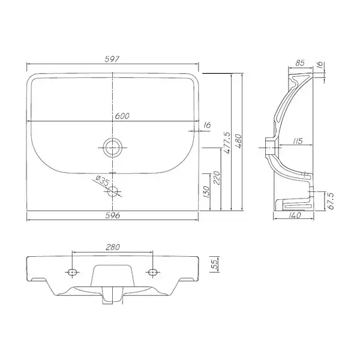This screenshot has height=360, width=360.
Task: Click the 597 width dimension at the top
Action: click(x=112, y=59)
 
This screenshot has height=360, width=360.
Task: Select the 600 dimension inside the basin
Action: click(x=122, y=116)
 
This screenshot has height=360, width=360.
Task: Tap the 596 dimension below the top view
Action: click(x=113, y=215)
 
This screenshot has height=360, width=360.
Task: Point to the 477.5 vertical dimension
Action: click(x=226, y=142)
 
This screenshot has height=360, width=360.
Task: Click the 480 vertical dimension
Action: click(x=238, y=141)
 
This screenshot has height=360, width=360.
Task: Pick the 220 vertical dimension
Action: click(x=217, y=178)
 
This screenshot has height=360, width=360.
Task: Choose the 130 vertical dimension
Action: click(x=206, y=192)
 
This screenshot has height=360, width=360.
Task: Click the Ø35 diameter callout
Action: click(x=102, y=181)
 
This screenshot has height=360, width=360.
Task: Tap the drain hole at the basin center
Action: click(x=112, y=148)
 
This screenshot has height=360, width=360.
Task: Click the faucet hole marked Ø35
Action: click(x=113, y=191)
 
